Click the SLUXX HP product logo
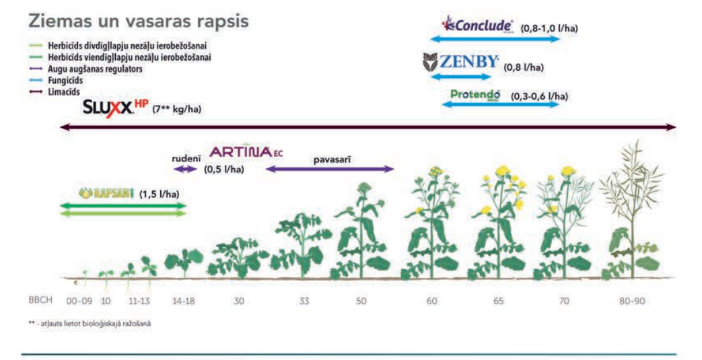coord(116,107)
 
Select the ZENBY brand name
coord(468,61)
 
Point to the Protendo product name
coord(475,94)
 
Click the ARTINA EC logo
coord(246,151)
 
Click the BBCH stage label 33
coord(304,301)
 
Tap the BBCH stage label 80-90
coord(632,301)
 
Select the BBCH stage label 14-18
coord(184,301)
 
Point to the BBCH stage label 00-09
coord(79,301)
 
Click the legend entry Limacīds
coord(63,92)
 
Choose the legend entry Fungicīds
coord(65,81)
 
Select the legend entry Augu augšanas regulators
coord(95,69)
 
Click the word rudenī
coord(186,159)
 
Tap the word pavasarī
coord(332,159)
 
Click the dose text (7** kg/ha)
coord(176,109)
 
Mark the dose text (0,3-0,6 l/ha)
coord(539,96)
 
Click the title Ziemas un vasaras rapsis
coord(139,21)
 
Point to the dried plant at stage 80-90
coord(632,211)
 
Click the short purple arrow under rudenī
coord(185,170)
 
